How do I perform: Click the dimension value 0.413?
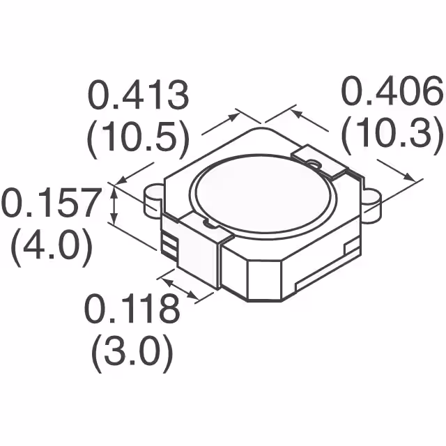(x=137, y=96)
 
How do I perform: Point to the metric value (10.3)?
(x=392, y=135)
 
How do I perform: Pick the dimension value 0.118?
(x=132, y=309)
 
